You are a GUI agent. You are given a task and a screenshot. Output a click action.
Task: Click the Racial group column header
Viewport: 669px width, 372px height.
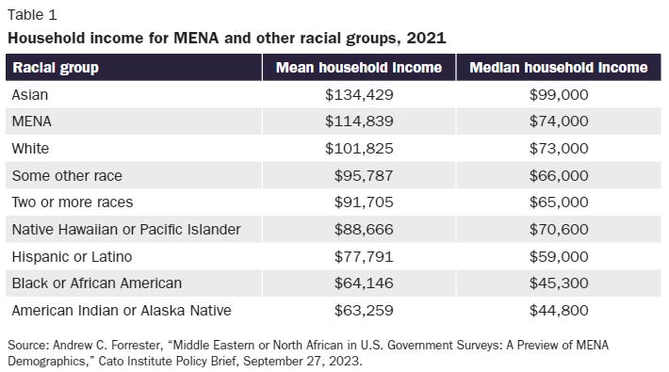coord(56,68)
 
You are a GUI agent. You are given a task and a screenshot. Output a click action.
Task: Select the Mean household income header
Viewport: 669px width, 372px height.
coord(358,68)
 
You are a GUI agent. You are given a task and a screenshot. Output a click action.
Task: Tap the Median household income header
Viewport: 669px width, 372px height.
coord(558,68)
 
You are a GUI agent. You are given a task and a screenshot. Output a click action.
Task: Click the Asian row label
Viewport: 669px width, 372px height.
coord(30,94)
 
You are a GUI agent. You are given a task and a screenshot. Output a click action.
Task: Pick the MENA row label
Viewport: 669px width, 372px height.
coord(31,121)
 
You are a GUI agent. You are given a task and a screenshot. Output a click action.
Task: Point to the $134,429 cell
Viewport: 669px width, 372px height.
coord(359,94)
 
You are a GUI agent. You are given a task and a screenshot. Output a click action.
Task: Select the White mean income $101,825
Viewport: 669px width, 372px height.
coord(359,149)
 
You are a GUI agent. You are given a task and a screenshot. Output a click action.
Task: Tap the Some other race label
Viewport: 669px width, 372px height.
coord(67,175)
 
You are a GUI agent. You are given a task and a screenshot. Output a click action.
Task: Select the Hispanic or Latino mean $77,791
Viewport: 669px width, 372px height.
coord(364,256)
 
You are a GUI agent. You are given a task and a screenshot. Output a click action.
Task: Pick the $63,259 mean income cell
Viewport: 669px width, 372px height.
coord(364,310)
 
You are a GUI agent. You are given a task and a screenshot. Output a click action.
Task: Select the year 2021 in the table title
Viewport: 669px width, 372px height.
coord(427,38)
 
